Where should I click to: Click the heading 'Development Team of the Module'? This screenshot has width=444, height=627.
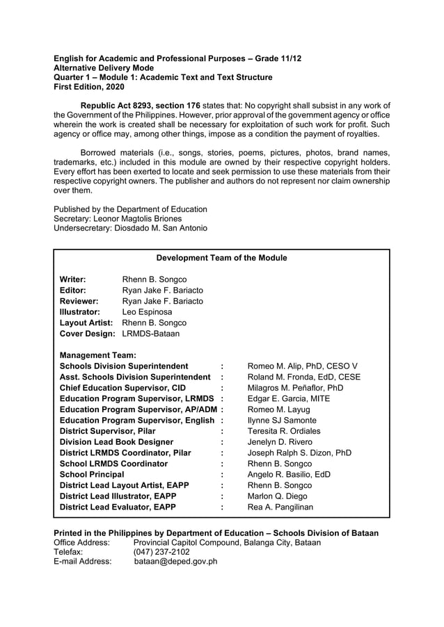221,258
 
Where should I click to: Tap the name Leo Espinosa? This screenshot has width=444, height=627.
147,312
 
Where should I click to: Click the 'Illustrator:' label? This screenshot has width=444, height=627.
80,312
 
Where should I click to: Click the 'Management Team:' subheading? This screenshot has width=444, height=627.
97,355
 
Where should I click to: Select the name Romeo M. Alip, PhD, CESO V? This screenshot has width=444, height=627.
303,366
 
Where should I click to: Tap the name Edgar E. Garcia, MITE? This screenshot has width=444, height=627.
289,398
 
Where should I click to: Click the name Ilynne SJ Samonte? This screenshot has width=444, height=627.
283,421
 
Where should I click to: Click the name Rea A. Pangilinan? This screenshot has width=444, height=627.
280,507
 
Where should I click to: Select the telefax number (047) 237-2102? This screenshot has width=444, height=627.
161,551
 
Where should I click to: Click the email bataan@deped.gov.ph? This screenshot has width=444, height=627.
175,562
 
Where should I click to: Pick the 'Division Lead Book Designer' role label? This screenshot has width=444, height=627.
116,442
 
